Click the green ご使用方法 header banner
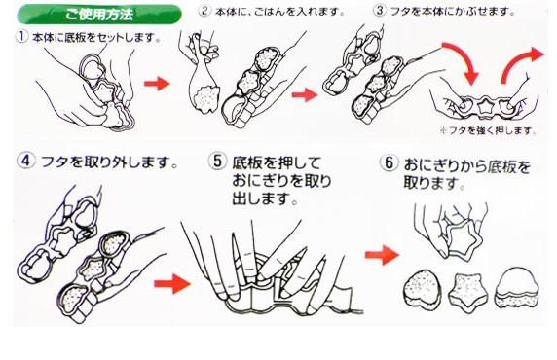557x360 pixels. [x=99, y=15]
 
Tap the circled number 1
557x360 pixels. [x=21, y=37]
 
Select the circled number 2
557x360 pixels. [x=204, y=11]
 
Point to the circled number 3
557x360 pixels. [x=380, y=11]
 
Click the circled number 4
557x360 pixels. [x=26, y=161]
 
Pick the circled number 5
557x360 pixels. [x=217, y=162]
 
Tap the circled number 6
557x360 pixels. [x=389, y=162]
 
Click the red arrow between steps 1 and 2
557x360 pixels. [x=157, y=84]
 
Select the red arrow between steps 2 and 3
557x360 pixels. [x=305, y=94]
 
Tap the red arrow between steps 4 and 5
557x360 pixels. [x=172, y=284]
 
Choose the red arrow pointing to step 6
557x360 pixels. [x=383, y=254]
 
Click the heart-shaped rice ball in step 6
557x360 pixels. [x=422, y=290]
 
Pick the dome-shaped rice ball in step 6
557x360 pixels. [x=517, y=287]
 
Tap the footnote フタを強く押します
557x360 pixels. [x=489, y=131]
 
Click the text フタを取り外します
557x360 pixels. [x=109, y=162]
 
